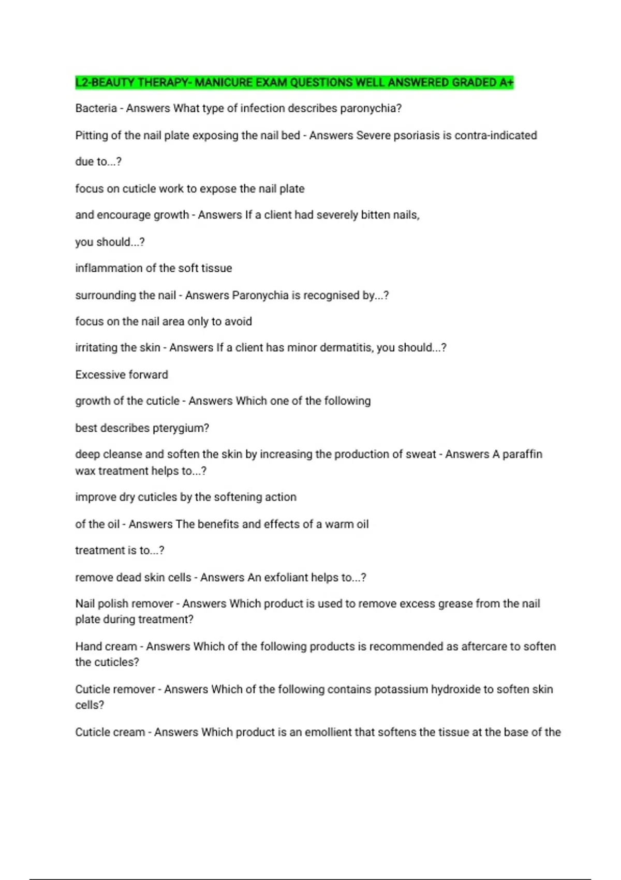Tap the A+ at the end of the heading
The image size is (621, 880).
click(507, 83)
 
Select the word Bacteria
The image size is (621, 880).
click(96, 108)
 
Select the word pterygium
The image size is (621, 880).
click(182, 429)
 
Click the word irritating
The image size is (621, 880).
click(96, 347)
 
